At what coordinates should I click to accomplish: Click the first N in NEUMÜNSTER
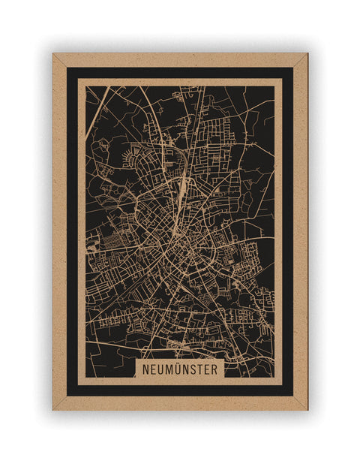[x=144, y=370]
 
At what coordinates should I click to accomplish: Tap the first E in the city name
[x=152, y=370]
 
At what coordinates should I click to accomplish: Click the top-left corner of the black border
[x=67, y=68]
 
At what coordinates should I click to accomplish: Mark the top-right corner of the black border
[x=292, y=68]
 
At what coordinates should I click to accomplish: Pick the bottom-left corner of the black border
[x=67, y=395]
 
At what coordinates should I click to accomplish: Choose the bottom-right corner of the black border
[x=292, y=395]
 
